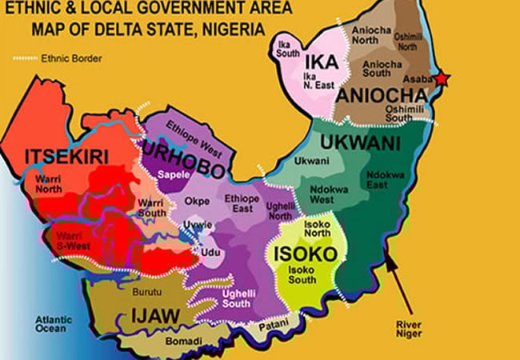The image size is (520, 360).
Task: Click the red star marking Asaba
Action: [x=442, y=78]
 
